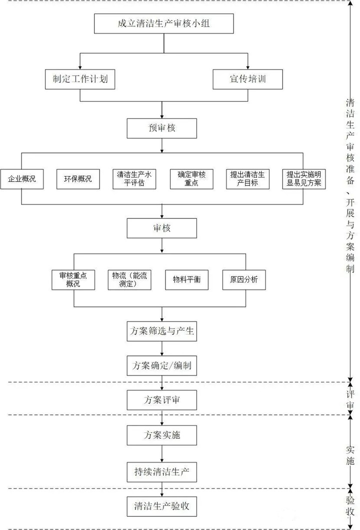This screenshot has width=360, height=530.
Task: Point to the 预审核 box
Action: point(161,128)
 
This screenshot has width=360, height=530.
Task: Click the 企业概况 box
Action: point(21,178)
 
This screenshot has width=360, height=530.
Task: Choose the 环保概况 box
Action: point(77,178)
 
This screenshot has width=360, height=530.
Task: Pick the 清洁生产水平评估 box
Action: point(134,178)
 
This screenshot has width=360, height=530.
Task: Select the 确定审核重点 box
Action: point(191,178)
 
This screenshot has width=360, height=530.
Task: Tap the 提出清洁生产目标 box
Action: point(247,178)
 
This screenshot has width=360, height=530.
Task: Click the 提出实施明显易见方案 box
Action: point(303,178)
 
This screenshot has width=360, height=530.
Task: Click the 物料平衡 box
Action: point(186,279)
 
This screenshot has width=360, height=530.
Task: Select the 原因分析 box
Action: point(243,279)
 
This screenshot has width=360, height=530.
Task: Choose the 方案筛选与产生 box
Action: point(161,331)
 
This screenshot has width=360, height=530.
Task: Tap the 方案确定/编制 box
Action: point(161,365)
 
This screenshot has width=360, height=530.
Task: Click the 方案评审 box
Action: point(161,400)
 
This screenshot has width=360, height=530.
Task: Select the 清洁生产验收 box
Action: point(161,506)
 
